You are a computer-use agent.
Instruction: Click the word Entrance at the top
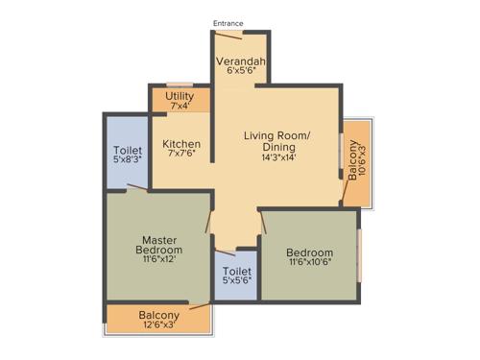point(228,23)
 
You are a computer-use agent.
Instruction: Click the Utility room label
point(180,96)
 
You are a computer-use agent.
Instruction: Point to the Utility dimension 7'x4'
point(180,107)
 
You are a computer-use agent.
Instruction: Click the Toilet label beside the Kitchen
point(128,151)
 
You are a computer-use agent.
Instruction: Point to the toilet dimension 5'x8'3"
point(128,161)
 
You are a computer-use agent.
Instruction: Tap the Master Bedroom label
point(156,245)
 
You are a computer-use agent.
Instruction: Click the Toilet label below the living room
point(236,271)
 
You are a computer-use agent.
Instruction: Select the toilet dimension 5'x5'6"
point(236,281)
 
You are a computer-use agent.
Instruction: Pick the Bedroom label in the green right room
point(309,252)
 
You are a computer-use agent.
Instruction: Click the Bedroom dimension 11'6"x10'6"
point(309,264)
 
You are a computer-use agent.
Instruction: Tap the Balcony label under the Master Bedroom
point(158,315)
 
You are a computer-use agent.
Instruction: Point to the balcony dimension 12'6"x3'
point(158,326)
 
